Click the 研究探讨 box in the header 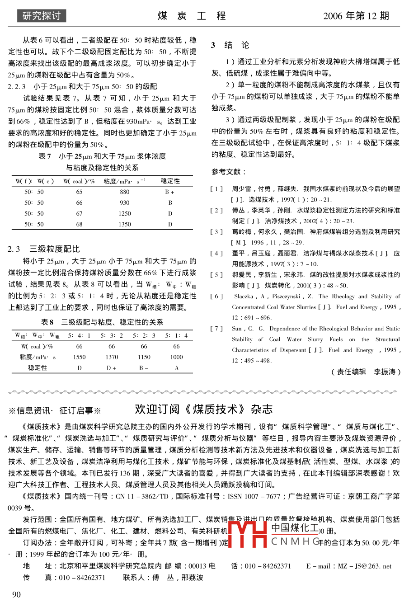pyautogui.click(x=42, y=16)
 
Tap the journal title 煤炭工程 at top pyautogui.click(x=192, y=16)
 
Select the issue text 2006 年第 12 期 pyautogui.click(x=356, y=16)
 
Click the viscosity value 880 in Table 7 pyautogui.click(x=125, y=192)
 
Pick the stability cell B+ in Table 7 pyautogui.click(x=170, y=192)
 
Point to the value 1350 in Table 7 pyautogui.click(x=125, y=224)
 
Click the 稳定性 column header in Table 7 pyautogui.click(x=170, y=181)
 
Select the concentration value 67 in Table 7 pyautogui.click(x=80, y=213)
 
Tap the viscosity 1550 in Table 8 pyautogui.click(x=80, y=357)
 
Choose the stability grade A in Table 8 pyautogui.click(x=176, y=368)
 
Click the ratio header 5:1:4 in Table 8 pyautogui.click(x=176, y=335)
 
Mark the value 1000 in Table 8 pyautogui.click(x=176, y=357)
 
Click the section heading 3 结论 pyautogui.click(x=230, y=45)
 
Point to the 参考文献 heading pyautogui.click(x=229, y=172)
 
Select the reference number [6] pyautogui.click(x=216, y=296)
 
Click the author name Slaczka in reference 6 pyautogui.click(x=244, y=296)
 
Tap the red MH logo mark pyautogui.click(x=248, y=535)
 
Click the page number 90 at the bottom pyautogui.click(x=16, y=594)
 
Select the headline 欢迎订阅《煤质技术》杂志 pyautogui.click(x=204, y=409)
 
